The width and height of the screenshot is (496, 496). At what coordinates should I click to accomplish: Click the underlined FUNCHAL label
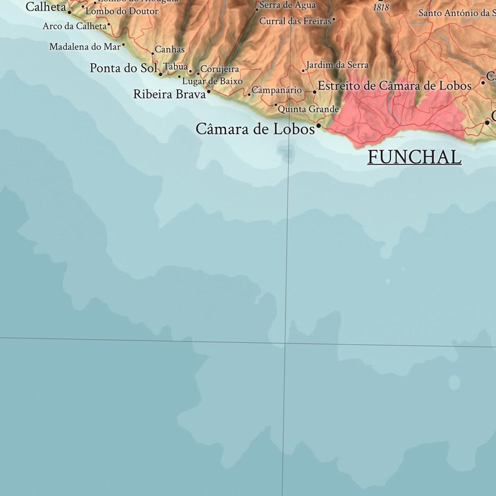tap(414, 157)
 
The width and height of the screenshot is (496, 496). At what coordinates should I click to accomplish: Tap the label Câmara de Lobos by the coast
tap(255, 129)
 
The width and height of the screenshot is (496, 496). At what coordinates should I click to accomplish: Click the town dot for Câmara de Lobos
tap(319, 126)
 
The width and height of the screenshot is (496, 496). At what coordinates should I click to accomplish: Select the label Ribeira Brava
tap(169, 94)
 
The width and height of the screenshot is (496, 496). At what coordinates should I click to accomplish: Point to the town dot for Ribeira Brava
tap(209, 92)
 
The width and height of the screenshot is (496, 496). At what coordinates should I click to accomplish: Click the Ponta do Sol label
tap(123, 68)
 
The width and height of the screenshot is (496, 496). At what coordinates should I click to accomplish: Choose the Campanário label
tap(277, 91)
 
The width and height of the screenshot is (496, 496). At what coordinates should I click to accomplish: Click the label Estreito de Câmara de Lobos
tap(394, 86)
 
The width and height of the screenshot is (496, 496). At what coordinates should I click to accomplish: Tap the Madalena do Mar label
tap(85, 47)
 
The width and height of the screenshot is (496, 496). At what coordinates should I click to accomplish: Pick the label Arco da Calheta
tap(74, 26)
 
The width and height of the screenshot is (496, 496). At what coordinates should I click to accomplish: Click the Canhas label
tap(169, 49)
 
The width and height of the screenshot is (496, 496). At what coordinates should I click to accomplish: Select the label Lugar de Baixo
tap(212, 81)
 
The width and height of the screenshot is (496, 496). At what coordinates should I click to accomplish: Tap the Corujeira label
tap(220, 69)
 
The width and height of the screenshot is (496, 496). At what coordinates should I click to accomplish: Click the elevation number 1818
tap(380, 7)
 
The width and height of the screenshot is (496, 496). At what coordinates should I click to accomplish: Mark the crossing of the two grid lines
tap(285, 343)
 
